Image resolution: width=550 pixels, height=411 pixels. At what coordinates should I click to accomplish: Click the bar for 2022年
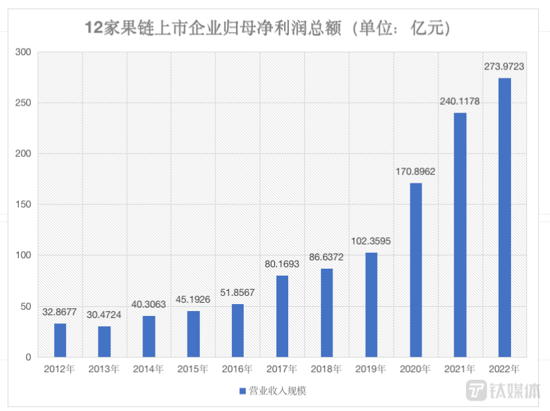505,217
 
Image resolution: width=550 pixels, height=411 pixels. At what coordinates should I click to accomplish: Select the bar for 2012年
60,340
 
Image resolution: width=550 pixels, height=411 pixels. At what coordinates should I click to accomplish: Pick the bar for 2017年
282,316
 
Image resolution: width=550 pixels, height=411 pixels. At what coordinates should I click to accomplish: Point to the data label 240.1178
460,101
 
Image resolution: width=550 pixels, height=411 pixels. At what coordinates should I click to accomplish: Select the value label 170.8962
415,171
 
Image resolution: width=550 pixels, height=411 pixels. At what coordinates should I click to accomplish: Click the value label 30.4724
105,314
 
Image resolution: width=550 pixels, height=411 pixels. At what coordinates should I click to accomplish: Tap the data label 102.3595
371,241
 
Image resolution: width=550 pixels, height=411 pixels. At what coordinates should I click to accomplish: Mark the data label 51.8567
238,292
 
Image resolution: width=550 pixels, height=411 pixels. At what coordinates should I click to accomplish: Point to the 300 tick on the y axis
24,52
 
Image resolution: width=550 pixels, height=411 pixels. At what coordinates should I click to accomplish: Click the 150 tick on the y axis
24,205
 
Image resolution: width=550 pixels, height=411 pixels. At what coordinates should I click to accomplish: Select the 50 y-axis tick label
26,306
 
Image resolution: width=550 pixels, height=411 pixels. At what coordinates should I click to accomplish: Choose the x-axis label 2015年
193,369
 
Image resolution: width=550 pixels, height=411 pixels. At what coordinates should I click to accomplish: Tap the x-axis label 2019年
371,369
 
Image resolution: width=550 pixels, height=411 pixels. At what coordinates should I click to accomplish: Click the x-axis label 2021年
460,369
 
